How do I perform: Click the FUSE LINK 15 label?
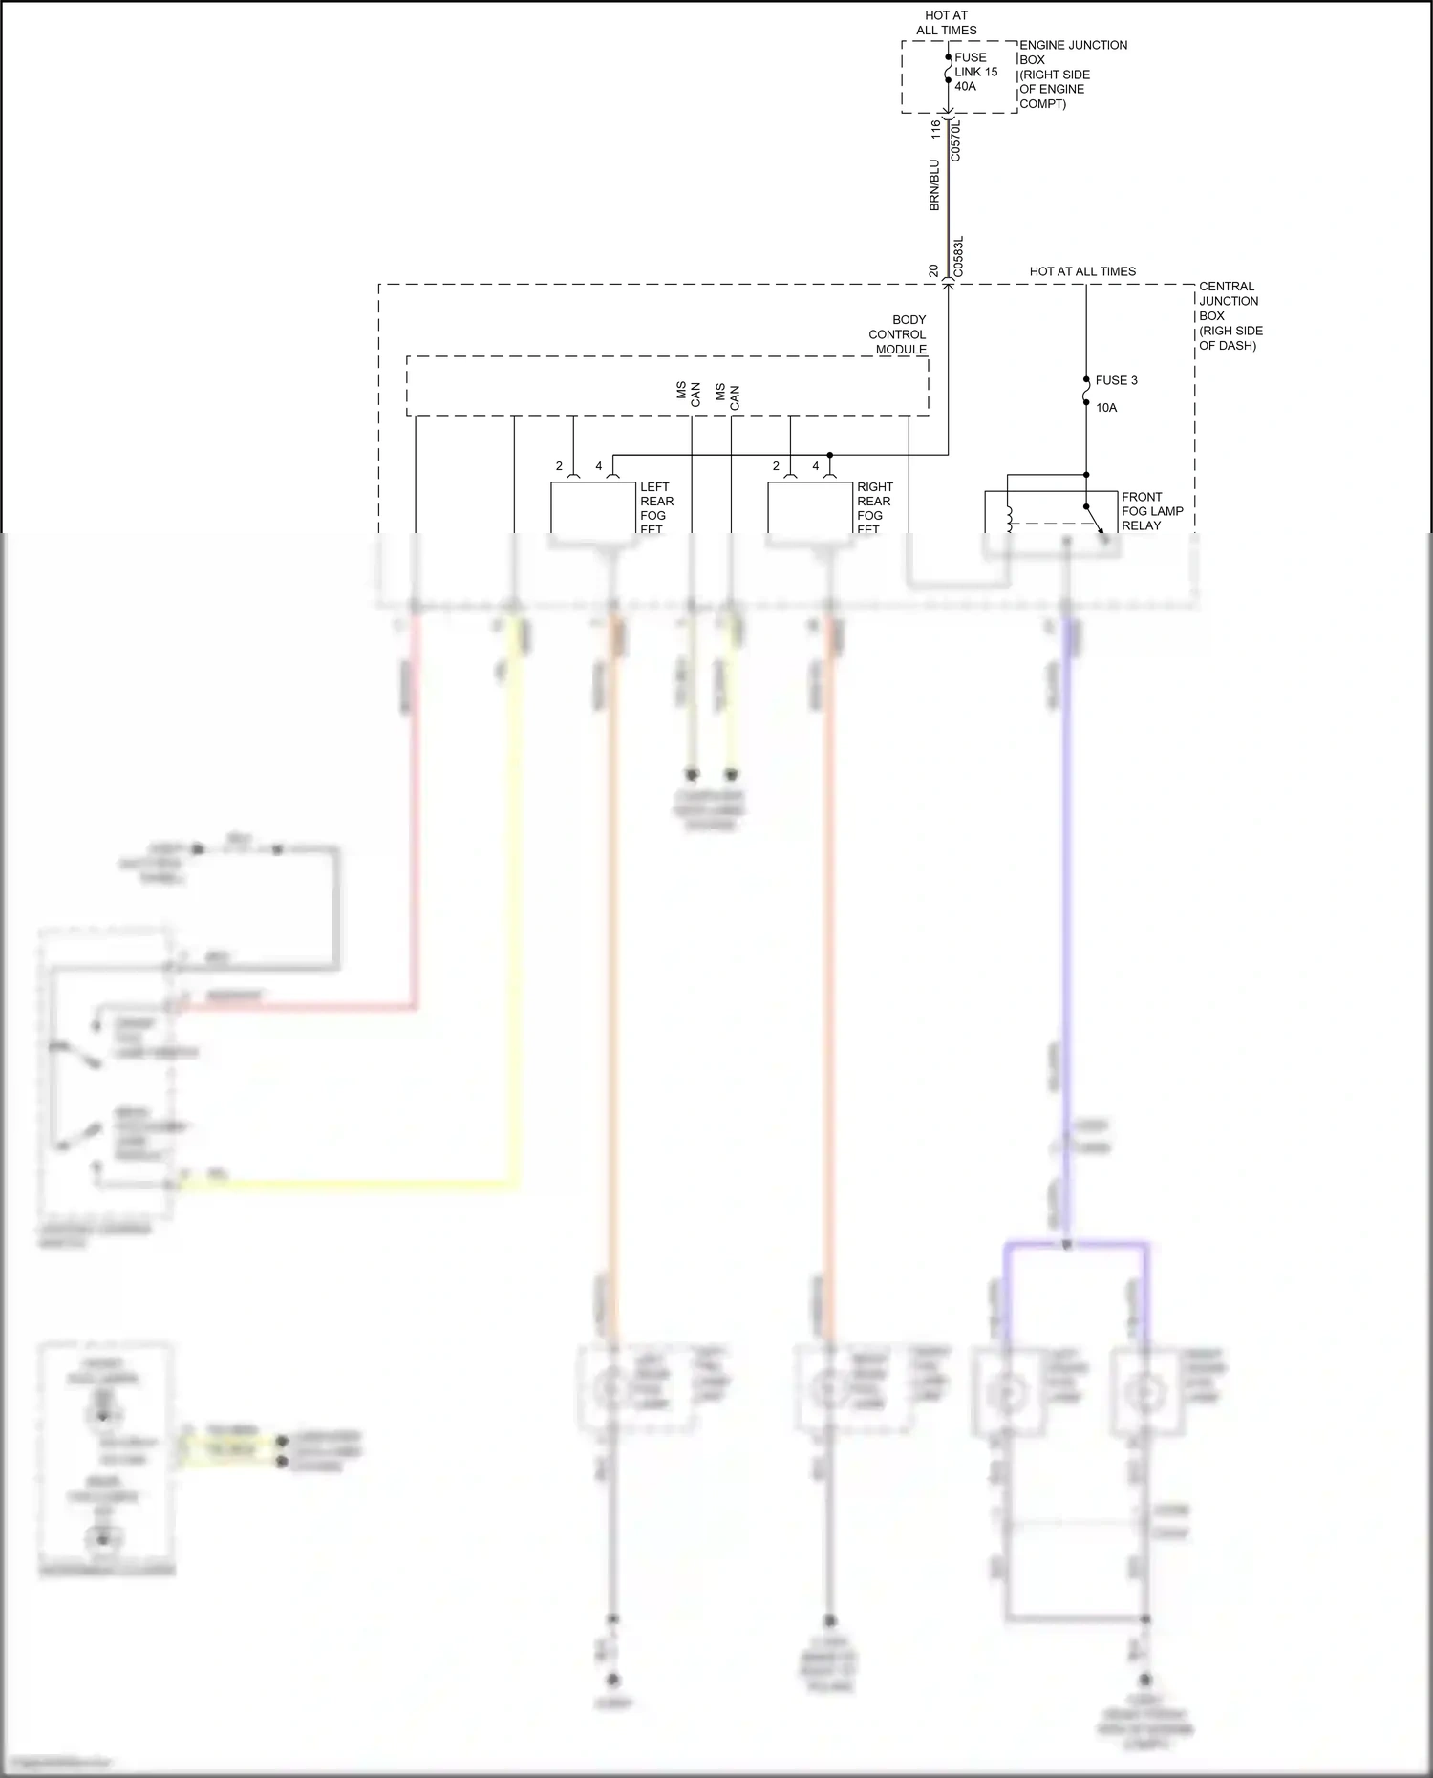tap(975, 65)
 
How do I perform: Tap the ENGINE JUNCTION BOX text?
tap(1073, 53)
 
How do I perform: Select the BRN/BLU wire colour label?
tap(935, 185)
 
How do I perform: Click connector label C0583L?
tap(959, 257)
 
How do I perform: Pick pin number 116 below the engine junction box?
tap(936, 130)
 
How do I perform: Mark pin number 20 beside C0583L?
tap(934, 271)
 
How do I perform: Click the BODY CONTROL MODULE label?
tap(898, 334)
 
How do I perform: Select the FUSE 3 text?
tap(1116, 380)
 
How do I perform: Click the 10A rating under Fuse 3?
tap(1106, 408)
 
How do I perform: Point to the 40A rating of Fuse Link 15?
tap(965, 87)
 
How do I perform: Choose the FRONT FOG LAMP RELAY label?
tap(1151, 511)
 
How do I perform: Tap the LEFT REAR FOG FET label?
tap(656, 507)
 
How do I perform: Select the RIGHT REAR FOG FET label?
tap(874, 507)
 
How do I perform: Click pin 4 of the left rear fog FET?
tap(599, 466)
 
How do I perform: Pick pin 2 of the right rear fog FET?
tap(776, 466)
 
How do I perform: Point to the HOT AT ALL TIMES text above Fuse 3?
tap(1082, 271)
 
